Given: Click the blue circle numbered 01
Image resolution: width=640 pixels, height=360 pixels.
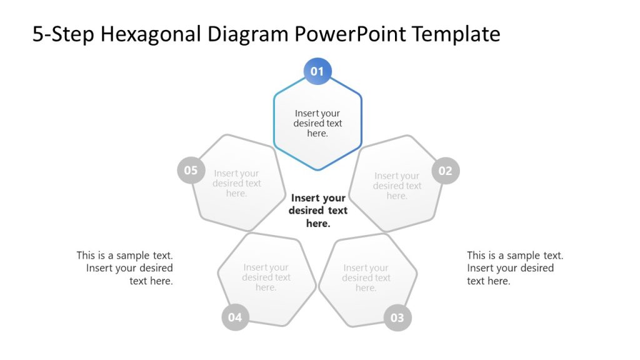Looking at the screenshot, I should (317, 71).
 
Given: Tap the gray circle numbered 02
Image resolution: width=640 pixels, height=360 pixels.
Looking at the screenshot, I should (445, 171).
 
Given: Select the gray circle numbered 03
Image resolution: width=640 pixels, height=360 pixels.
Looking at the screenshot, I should (397, 317).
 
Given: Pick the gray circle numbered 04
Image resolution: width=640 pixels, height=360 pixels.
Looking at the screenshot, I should (235, 317).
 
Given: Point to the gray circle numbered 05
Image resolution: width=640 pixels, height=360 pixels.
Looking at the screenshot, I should (191, 171).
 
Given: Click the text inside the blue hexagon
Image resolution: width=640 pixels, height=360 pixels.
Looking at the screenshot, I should (317, 123).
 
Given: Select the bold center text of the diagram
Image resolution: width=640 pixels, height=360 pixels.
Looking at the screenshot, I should (318, 211).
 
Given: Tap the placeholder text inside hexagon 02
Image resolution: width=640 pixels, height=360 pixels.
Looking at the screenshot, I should (397, 186).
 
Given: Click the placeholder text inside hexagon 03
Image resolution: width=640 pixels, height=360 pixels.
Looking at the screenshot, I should (366, 278).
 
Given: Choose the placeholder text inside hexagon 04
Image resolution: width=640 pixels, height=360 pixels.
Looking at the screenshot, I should (266, 277).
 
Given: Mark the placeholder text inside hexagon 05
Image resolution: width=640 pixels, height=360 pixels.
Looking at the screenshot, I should (236, 183).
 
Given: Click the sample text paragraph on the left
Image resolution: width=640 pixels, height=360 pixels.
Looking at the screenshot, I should (125, 268).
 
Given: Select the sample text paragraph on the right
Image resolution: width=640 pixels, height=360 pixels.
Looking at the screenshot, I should (515, 268).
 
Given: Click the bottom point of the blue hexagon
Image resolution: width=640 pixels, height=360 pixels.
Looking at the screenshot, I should (317, 169).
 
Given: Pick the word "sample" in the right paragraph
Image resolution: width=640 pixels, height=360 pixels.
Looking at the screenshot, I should (524, 256).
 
